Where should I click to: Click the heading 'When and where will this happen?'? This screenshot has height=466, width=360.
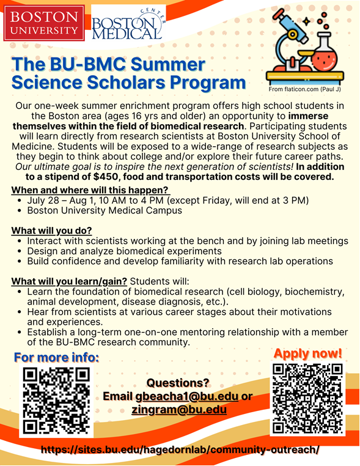tap(90, 190)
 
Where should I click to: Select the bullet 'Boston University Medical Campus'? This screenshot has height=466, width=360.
tap(104, 210)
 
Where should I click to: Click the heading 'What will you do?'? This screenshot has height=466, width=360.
tap(51, 231)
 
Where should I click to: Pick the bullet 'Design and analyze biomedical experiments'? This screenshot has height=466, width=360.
tap(124, 251)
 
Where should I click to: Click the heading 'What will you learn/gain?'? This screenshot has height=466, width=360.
tap(70, 281)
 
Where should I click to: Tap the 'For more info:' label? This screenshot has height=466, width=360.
tap(56, 357)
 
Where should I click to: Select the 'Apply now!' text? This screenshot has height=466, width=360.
tap(307, 353)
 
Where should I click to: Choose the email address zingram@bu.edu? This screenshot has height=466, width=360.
tap(179, 410)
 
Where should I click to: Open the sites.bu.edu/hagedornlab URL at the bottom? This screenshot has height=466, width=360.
tap(180, 449)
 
